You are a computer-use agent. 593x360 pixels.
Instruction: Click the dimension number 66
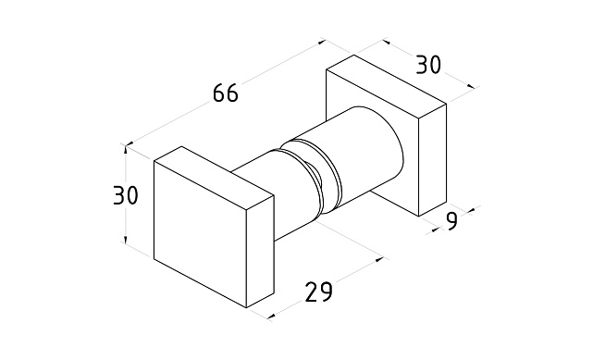click(x=226, y=93)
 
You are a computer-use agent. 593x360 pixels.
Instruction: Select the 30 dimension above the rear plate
click(x=428, y=64)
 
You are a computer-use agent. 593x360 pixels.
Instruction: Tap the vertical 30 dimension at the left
click(x=126, y=195)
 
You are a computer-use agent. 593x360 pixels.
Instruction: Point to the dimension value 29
click(x=319, y=292)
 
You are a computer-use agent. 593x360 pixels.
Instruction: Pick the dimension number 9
click(x=451, y=221)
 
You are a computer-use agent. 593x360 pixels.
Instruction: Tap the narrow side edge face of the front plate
click(x=260, y=252)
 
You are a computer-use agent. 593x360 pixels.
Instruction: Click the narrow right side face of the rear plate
click(x=433, y=159)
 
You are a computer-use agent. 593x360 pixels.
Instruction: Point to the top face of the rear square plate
click(x=386, y=87)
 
